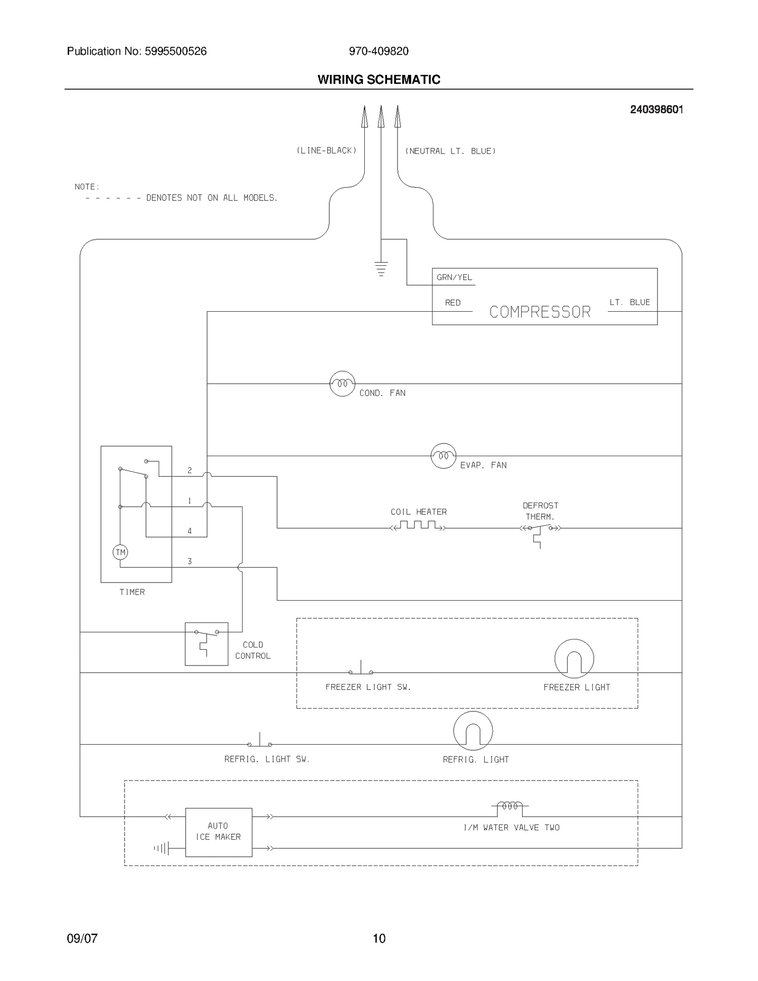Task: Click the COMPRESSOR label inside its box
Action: click(x=540, y=312)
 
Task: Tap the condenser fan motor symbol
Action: click(x=342, y=384)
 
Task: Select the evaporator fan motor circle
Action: click(x=443, y=456)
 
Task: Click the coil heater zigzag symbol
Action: click(x=418, y=525)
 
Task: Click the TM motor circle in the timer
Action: click(x=120, y=552)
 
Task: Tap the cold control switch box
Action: click(x=207, y=644)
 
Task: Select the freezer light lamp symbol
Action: click(x=574, y=658)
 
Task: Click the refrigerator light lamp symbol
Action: click(x=473, y=731)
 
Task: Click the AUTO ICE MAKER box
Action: click(x=218, y=832)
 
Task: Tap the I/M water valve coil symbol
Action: click(x=510, y=806)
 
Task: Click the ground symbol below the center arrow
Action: click(x=381, y=269)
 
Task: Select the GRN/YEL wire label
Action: click(x=454, y=278)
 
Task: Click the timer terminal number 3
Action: click(x=189, y=561)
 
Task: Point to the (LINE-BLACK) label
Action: click(x=326, y=151)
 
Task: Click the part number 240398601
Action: click(x=656, y=109)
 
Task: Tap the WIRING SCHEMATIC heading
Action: click(x=379, y=80)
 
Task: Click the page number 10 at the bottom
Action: click(x=379, y=938)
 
